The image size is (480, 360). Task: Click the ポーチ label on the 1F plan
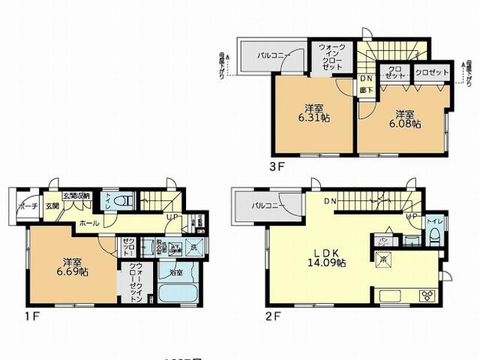click(x=29, y=207)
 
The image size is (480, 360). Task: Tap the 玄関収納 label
click(x=76, y=196)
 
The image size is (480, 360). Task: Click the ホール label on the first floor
click(x=88, y=223)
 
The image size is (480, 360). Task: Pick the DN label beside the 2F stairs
click(x=330, y=202)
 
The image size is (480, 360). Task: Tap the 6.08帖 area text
click(x=404, y=125)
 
